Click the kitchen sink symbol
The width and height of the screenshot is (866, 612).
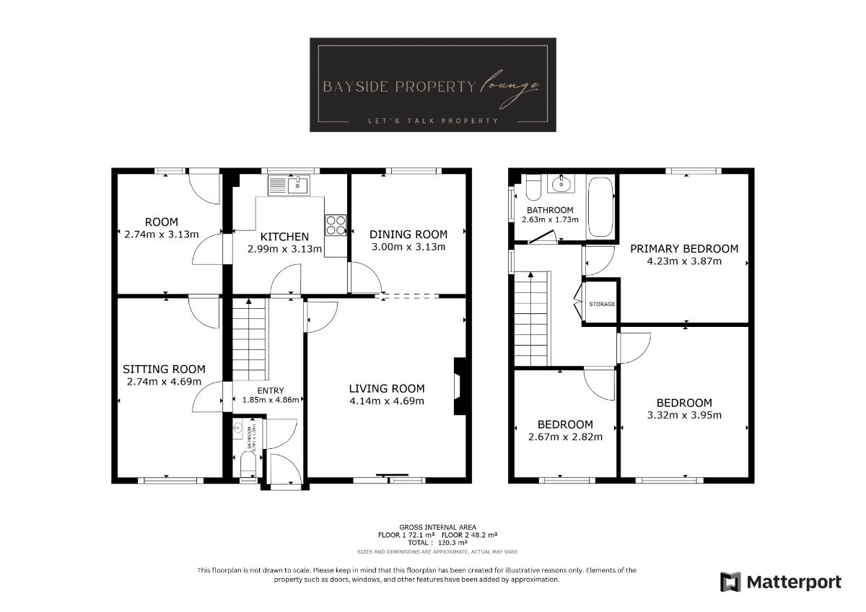289,185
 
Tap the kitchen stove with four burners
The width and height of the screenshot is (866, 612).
336,225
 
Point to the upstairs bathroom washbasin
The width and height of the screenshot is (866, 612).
561,185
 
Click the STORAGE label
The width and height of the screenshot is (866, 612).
602,304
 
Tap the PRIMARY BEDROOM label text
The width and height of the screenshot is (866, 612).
684,249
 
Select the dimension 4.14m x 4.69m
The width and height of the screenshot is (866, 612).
386,401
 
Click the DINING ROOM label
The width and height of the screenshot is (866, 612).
408,235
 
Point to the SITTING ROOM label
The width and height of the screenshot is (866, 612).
164,369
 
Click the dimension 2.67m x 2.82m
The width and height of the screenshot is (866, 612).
565,436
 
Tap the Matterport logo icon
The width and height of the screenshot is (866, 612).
731,582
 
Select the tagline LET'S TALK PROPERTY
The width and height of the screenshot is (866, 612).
432,121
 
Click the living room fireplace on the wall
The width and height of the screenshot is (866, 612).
459,386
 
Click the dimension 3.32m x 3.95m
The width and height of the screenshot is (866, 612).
684,415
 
